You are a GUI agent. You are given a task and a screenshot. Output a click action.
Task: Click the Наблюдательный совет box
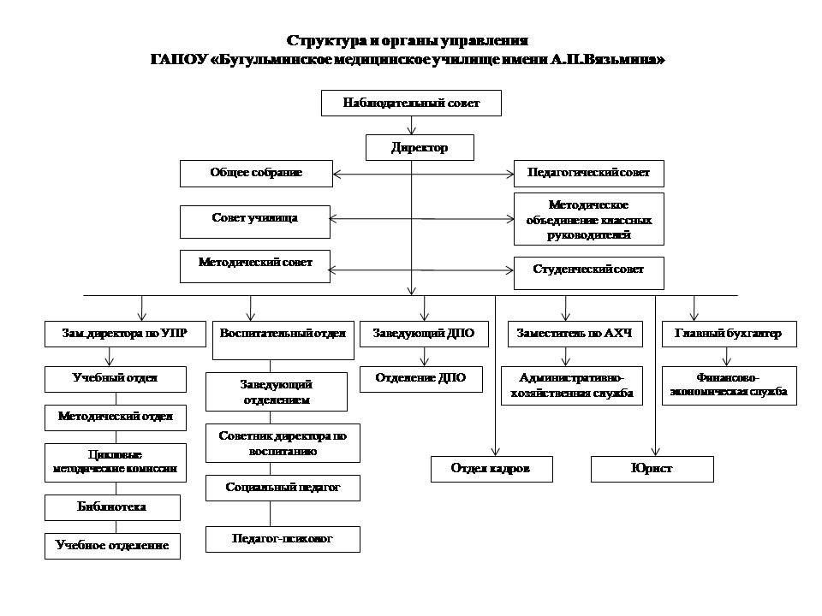click(x=411, y=104)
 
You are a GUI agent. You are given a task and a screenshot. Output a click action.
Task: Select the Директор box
click(x=420, y=147)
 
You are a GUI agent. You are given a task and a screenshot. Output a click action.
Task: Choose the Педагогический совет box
click(x=589, y=173)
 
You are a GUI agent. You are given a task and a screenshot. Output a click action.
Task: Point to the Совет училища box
click(x=254, y=220)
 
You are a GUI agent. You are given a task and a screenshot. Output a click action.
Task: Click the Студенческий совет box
click(x=589, y=270)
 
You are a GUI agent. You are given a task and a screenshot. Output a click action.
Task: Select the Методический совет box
click(x=254, y=265)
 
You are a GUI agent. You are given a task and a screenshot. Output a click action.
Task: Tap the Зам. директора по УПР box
click(x=122, y=334)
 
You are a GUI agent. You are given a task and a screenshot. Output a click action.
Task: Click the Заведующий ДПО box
click(x=423, y=334)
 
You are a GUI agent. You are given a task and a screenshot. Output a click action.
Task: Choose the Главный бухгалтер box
click(x=729, y=334)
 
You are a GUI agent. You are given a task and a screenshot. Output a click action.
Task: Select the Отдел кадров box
click(x=491, y=469)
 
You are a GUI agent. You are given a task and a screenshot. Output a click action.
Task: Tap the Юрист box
click(x=652, y=469)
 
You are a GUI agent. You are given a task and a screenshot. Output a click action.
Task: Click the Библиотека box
click(x=112, y=507)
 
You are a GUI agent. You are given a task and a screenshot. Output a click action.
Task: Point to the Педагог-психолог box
click(x=283, y=539)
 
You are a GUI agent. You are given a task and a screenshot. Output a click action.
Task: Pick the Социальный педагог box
click(x=283, y=488)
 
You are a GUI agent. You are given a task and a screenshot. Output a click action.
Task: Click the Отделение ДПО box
click(x=420, y=378)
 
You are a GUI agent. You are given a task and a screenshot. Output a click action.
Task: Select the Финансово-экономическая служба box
click(x=729, y=385)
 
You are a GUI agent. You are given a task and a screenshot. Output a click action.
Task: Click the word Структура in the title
click(x=321, y=41)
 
